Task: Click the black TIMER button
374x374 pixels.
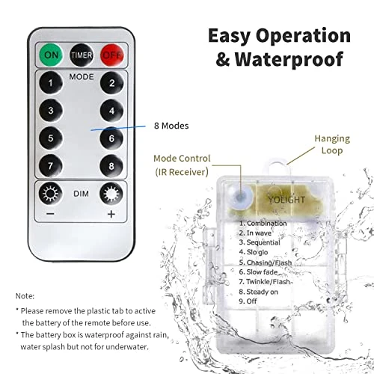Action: coord(82,55)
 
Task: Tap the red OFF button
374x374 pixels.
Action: coord(112,55)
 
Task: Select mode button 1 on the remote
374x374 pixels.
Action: coord(51,83)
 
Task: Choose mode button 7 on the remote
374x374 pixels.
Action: coord(51,166)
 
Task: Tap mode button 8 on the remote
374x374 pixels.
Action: coord(111,166)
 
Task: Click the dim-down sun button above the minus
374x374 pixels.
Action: coord(51,194)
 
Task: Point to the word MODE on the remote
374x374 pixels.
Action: coord(82,77)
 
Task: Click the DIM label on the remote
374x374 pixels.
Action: coord(81,194)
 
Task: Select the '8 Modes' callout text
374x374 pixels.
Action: coord(171,126)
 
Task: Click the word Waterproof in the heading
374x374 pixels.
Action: coord(289,60)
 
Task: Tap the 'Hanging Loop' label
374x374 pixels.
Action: coord(332,144)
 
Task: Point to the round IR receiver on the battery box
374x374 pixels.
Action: coord(240,197)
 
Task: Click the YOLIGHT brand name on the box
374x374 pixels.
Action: coord(286,200)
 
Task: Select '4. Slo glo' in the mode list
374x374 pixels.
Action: coord(254,252)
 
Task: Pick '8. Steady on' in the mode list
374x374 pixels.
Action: coord(258,292)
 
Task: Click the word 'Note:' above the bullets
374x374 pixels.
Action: coord(25,296)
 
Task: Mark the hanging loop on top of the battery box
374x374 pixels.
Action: coord(278,167)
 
